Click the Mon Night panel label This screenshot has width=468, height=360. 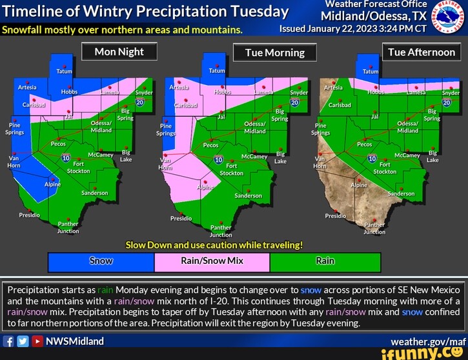point(119,52)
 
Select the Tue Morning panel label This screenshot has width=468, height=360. point(275,53)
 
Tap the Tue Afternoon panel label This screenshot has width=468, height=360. point(422,52)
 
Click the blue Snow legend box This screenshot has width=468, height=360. point(101,261)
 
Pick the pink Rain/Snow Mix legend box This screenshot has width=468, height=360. point(212,261)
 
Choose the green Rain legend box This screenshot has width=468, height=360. point(325,261)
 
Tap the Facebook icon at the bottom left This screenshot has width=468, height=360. point(9,341)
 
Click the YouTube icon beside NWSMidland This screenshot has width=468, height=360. point(37,341)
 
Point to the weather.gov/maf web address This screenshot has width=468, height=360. point(428,341)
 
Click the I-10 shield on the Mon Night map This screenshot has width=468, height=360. point(65,157)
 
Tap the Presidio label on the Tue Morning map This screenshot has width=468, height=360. point(181,218)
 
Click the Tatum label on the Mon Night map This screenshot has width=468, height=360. point(64,71)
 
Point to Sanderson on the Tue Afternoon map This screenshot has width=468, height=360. point(401,193)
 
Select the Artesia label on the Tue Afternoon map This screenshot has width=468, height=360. point(334,87)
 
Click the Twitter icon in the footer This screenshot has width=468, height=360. point(23,341)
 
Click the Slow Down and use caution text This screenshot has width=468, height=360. point(214,245)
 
